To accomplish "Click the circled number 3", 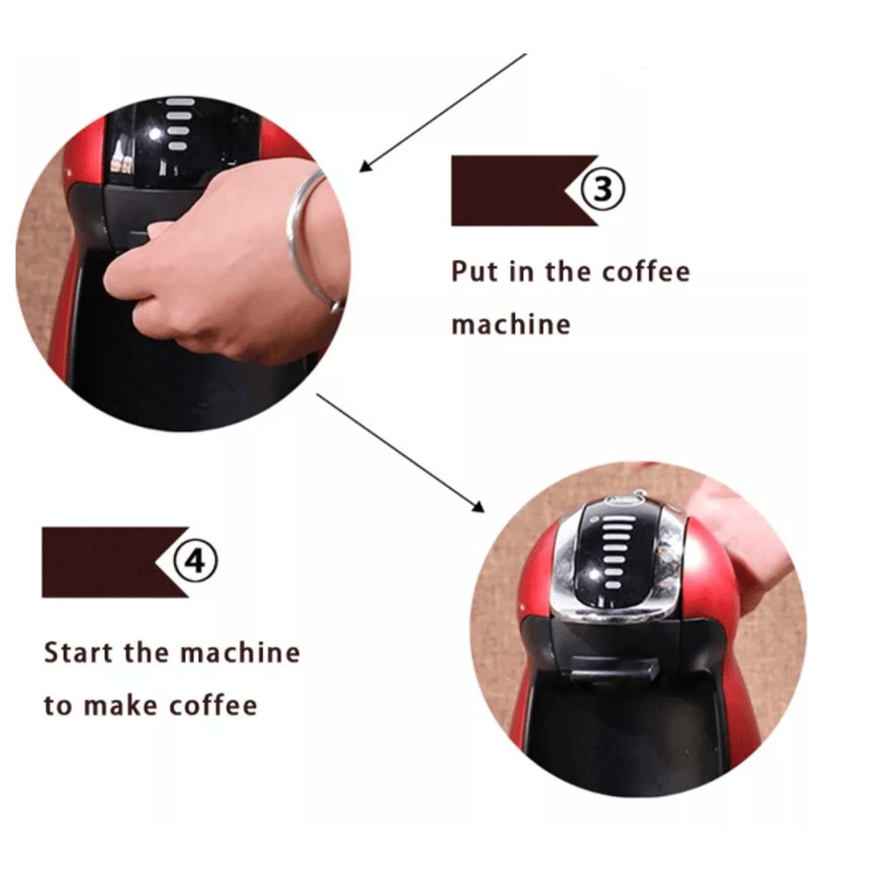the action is click(603, 189).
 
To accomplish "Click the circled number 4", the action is click(195, 561).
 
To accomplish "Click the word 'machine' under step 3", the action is click(511, 325).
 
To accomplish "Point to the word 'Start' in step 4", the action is click(78, 653).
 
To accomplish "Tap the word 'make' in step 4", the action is click(122, 705).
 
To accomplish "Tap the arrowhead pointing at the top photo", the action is click(366, 166).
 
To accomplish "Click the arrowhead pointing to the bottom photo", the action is click(478, 506).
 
